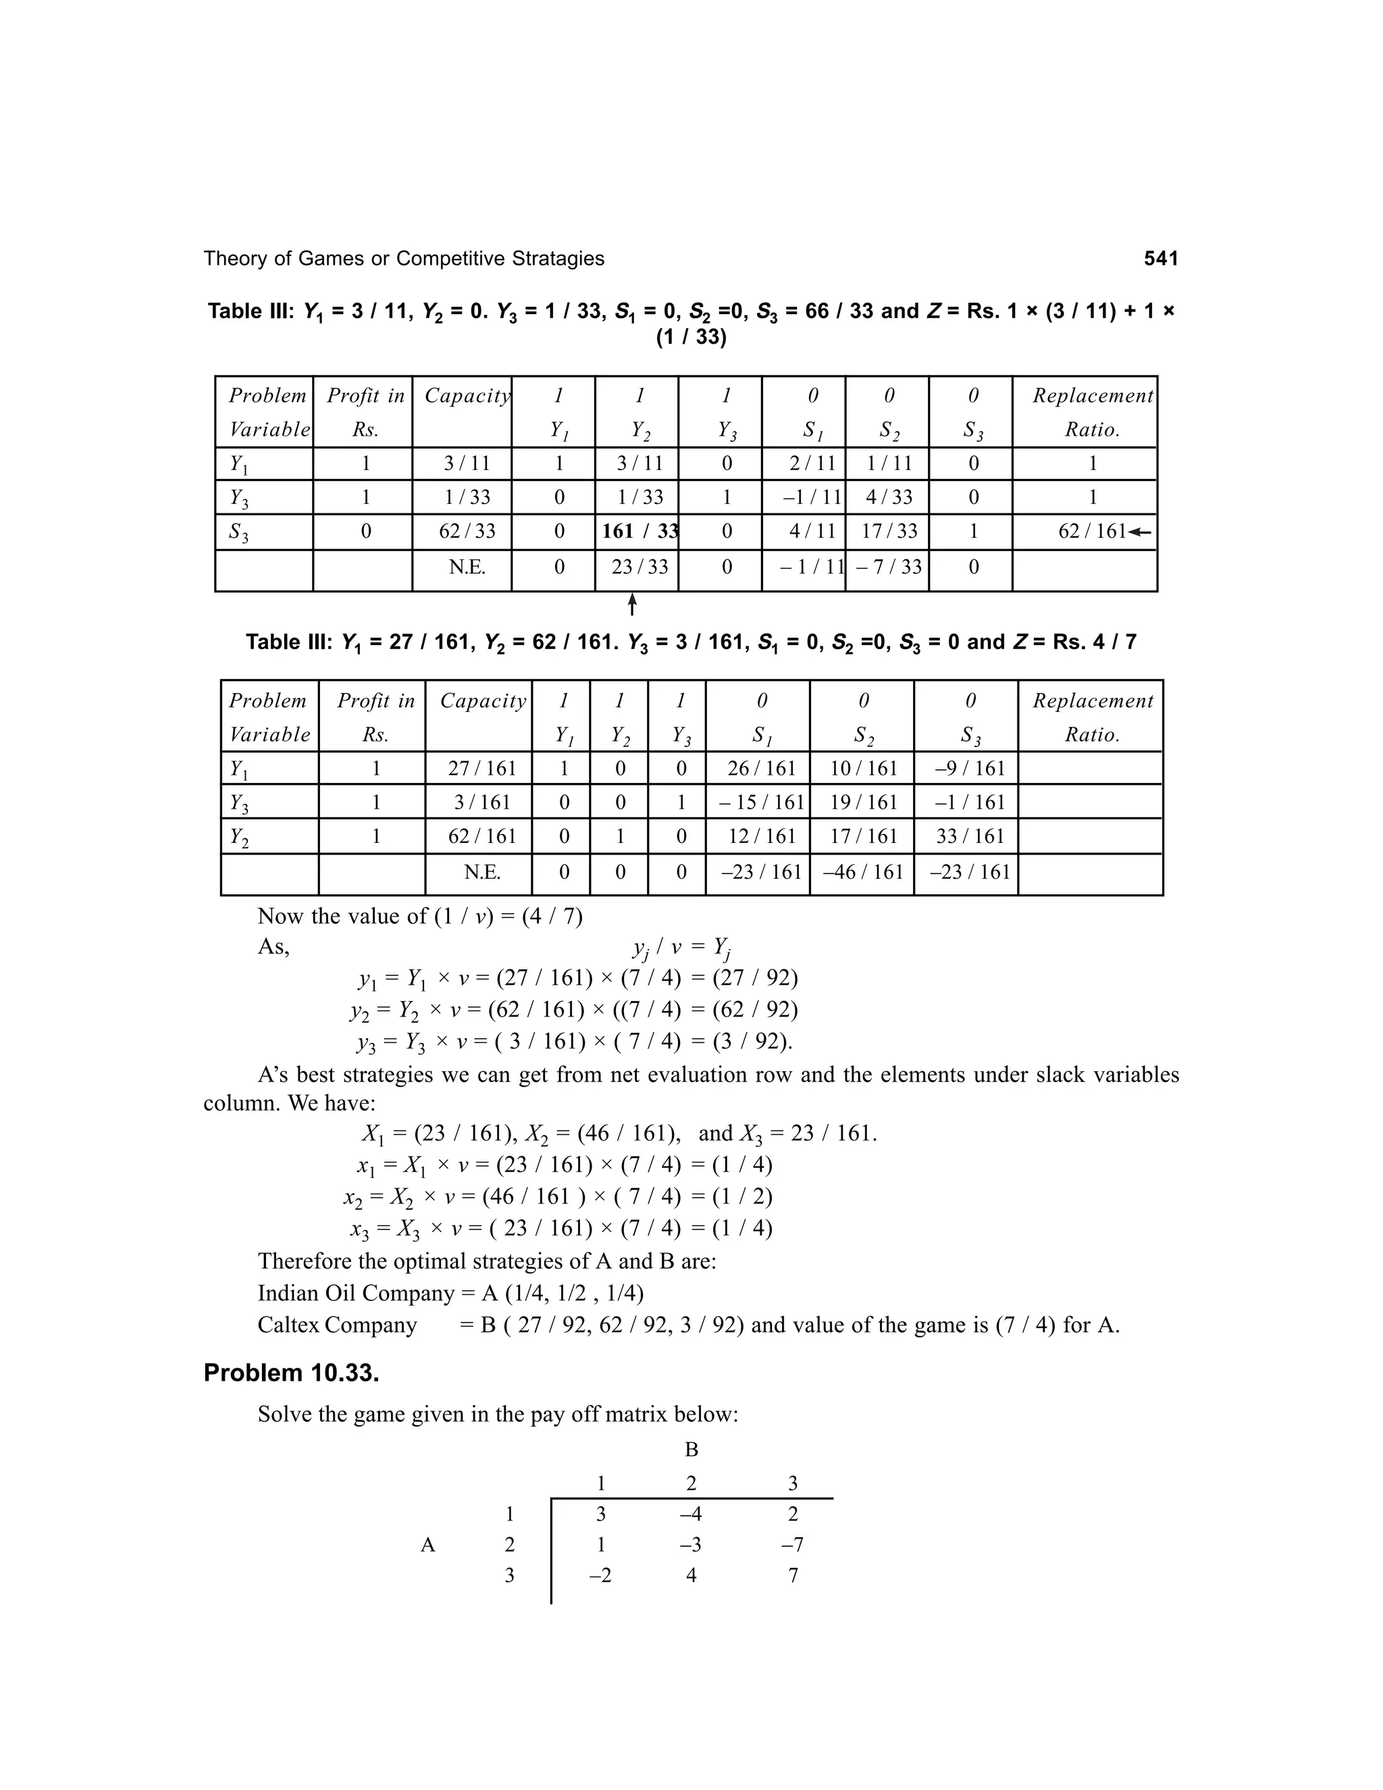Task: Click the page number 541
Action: pos(1160,259)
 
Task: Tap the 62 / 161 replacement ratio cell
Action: pos(1092,531)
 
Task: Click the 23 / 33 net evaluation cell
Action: pos(639,566)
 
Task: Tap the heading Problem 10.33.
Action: pos(291,1373)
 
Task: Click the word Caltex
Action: pos(288,1325)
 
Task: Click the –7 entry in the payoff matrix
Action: pos(792,1545)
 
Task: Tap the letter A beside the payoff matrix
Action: pos(427,1545)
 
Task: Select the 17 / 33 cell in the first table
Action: pos(889,531)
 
